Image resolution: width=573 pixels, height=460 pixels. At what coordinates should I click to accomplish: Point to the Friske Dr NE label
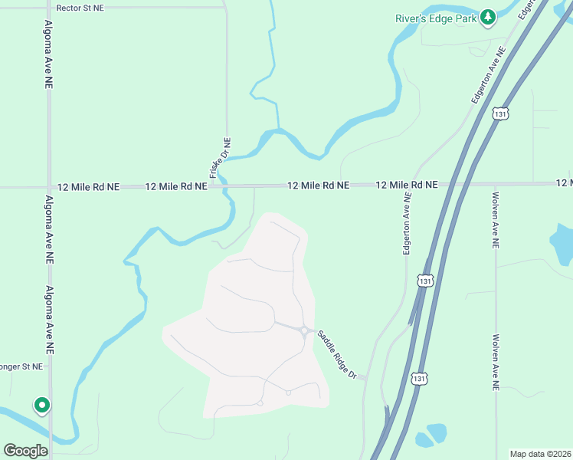pyautogui.click(x=220, y=158)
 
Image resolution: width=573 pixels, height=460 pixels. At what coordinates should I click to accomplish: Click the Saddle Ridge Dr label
pyautogui.click(x=338, y=353)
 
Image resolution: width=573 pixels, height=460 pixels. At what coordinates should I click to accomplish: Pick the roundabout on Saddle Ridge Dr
pyautogui.click(x=305, y=331)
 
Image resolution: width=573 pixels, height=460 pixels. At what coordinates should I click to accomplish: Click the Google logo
pyautogui.click(x=26, y=451)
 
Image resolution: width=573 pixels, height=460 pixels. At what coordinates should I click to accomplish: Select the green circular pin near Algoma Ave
pyautogui.click(x=41, y=404)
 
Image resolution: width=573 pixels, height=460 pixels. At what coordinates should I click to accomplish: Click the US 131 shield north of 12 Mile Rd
pyautogui.click(x=500, y=113)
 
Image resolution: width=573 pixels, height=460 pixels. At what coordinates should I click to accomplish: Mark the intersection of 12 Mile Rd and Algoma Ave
pyautogui.click(x=49, y=186)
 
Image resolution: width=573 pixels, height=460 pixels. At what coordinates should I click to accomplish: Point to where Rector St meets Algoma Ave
pyautogui.click(x=49, y=8)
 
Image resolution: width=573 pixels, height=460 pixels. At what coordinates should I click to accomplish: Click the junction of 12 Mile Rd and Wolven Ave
pyautogui.click(x=496, y=184)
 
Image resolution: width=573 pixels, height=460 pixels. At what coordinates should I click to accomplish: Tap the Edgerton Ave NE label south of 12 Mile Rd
pyautogui.click(x=408, y=223)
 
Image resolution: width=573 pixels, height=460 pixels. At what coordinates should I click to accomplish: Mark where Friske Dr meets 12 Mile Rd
pyautogui.click(x=227, y=186)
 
